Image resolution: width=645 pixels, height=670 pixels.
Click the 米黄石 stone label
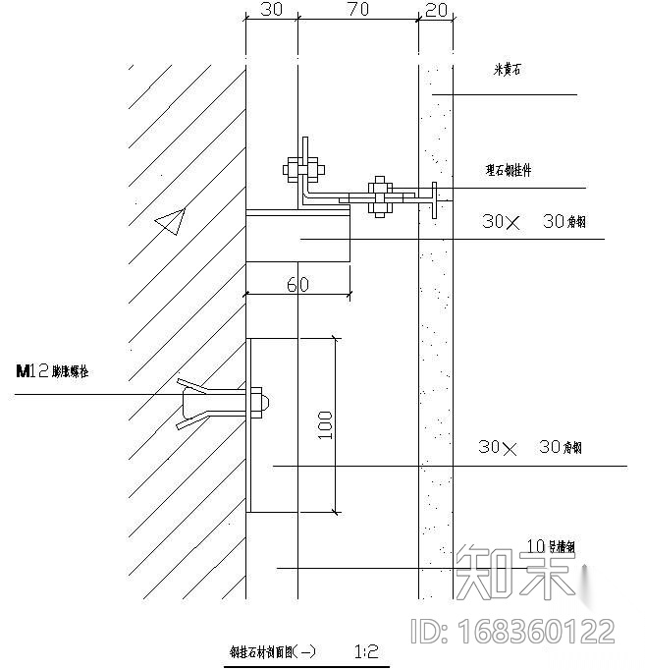(512, 70)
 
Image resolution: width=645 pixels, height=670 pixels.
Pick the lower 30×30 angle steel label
(530, 447)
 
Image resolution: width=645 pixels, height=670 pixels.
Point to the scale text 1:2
(365, 650)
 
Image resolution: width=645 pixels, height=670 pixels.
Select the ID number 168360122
(511, 630)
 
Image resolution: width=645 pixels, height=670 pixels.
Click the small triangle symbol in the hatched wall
(171, 223)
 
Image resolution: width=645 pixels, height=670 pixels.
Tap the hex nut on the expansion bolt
(260, 401)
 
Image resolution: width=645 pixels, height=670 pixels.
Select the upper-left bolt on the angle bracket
(302, 168)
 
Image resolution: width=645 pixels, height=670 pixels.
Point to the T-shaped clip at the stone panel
(433, 201)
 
